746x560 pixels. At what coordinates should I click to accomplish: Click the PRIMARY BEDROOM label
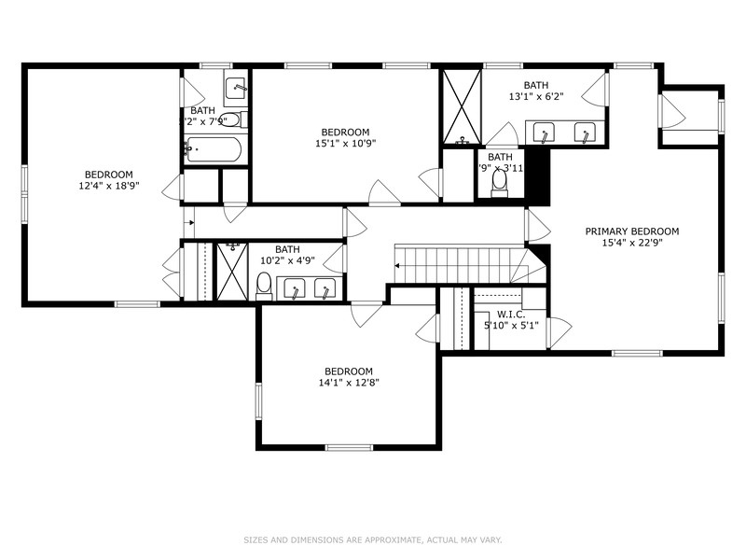[631, 231]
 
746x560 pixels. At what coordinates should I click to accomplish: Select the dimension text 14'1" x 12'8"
[349, 382]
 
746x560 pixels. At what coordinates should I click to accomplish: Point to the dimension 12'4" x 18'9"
[108, 187]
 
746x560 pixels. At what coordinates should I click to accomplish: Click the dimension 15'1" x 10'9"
[345, 144]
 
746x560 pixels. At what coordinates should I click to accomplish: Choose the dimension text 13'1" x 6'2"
[535, 96]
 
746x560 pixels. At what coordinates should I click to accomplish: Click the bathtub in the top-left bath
[214, 149]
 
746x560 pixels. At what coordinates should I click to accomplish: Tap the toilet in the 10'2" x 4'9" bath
[264, 285]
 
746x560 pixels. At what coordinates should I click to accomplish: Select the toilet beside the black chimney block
[499, 185]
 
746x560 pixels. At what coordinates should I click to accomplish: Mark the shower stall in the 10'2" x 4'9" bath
[230, 271]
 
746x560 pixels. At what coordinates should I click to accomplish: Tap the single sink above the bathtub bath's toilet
[236, 89]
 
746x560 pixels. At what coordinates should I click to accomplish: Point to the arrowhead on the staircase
[398, 266]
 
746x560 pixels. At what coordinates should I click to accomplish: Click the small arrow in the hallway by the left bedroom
[189, 222]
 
